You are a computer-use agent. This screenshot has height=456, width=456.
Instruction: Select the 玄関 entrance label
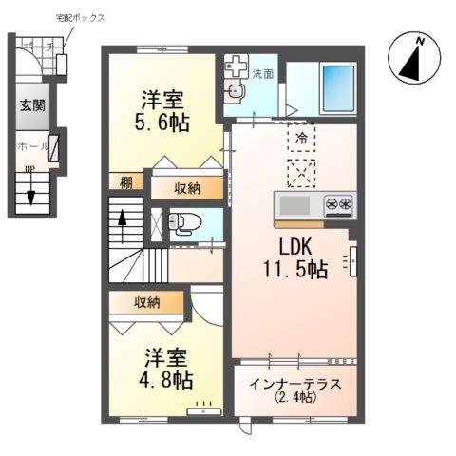(x=29, y=105)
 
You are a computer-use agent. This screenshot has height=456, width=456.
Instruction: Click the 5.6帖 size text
(x=163, y=123)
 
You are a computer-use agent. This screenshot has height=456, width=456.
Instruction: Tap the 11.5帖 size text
(x=295, y=269)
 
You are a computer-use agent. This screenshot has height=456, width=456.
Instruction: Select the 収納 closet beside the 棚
(x=187, y=187)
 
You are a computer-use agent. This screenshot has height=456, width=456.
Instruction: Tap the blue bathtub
(x=337, y=87)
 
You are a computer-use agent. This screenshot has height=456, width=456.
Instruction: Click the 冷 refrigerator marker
(x=300, y=136)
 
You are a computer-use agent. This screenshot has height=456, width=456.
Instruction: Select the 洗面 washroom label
(x=262, y=73)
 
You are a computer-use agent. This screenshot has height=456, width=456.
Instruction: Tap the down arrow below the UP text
(x=31, y=196)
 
